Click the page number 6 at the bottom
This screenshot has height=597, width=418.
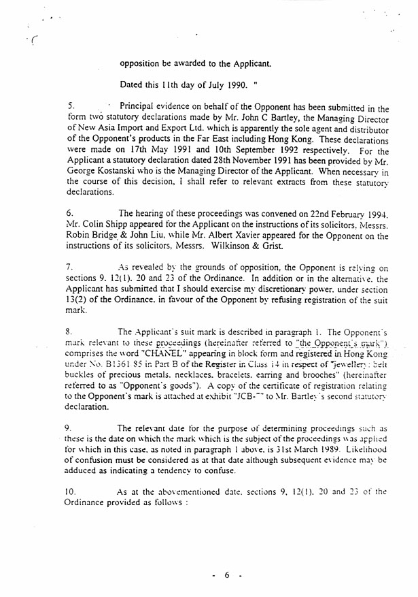point(227,576)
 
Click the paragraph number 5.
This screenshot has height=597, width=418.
point(71,107)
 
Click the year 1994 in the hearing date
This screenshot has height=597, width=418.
point(375,213)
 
